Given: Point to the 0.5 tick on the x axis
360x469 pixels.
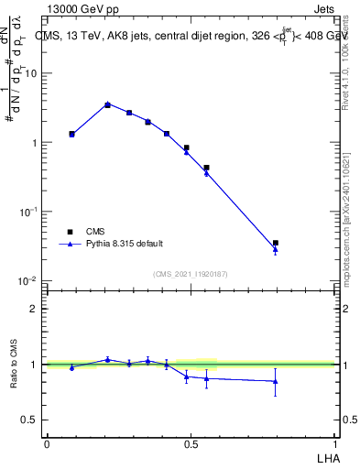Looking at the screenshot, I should click(191, 444).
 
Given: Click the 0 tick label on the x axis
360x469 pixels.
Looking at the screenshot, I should click(47, 444).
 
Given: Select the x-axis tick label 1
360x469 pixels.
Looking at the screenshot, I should click(335, 444).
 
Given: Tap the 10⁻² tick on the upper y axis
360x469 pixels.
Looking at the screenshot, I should click(29, 280).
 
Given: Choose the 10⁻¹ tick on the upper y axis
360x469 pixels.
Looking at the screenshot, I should click(29, 212).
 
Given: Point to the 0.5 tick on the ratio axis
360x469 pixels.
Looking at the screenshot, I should click(31, 420).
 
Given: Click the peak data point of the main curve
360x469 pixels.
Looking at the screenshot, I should click(107, 104).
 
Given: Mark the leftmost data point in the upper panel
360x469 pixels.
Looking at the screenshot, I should click(71, 134).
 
